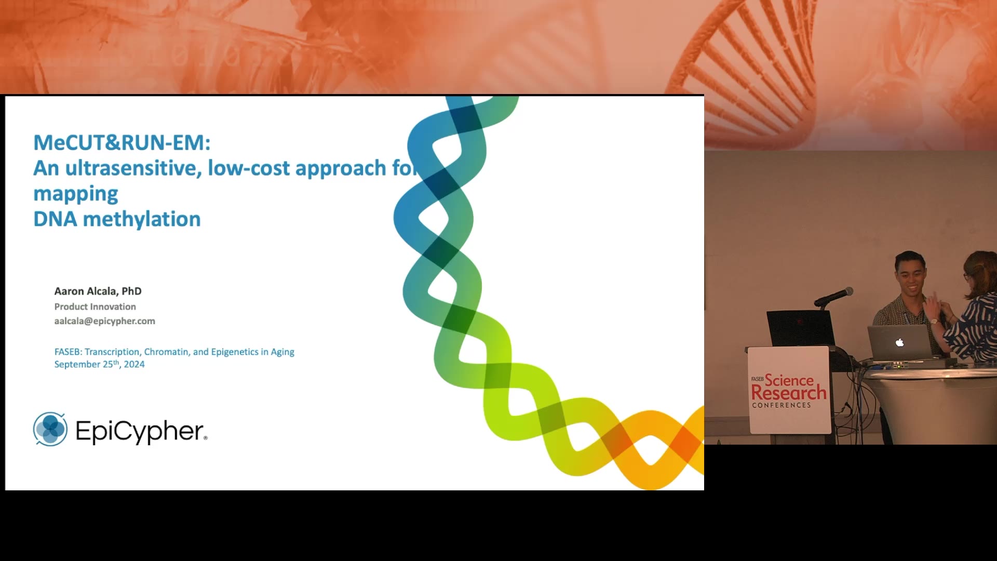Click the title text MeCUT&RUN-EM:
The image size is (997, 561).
tap(122, 142)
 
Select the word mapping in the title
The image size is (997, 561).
tap(76, 194)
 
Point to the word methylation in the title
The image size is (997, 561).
tap(142, 219)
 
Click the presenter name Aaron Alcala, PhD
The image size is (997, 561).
tap(98, 291)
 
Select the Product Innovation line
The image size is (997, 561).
tap(95, 306)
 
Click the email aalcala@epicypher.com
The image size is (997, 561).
tap(105, 321)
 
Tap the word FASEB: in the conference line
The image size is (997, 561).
tap(68, 352)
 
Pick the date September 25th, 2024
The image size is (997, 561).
tap(100, 364)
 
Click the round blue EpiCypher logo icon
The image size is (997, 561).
tap(50, 429)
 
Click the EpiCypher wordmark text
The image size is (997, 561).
tap(141, 431)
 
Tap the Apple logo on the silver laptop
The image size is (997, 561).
tap(900, 342)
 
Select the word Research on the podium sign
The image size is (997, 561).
tap(789, 393)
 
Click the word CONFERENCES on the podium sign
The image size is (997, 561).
tap(782, 405)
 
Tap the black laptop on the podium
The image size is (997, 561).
tap(800, 328)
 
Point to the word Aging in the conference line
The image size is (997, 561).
tap(282, 352)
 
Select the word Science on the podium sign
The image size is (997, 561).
tap(789, 380)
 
